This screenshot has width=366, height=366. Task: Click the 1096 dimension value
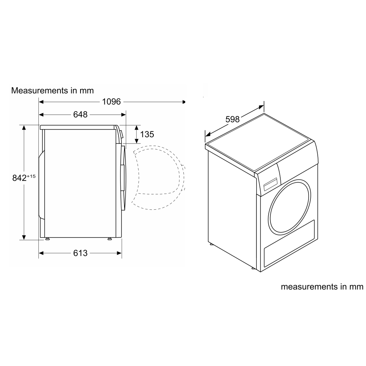point(111,102)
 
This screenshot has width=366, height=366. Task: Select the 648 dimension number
point(80,115)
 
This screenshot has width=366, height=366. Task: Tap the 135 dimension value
point(147,134)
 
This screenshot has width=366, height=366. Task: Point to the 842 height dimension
point(19,178)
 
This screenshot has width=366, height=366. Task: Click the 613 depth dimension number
point(80,253)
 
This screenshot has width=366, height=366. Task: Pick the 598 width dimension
point(232,119)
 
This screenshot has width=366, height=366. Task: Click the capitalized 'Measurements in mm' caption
point(52,90)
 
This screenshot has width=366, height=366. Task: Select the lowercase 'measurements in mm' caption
point(322,287)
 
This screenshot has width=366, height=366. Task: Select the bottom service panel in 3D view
point(289,243)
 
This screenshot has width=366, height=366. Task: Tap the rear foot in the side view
point(47,239)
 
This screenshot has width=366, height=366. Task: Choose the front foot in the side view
point(109,239)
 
